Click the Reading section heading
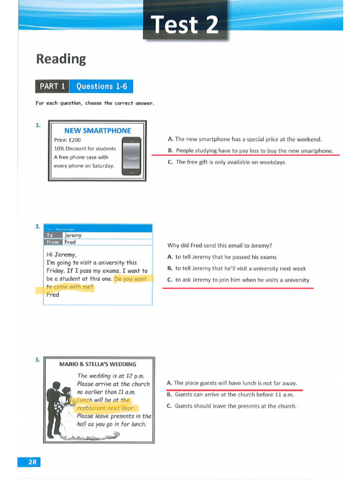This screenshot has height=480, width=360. (61, 59)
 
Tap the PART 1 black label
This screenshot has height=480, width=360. (52, 86)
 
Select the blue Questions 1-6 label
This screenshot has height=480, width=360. (101, 86)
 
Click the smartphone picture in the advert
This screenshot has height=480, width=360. (131, 157)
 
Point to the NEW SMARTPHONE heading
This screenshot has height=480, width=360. (97, 131)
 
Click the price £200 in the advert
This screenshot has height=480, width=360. (67, 140)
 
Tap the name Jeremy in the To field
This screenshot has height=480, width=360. (73, 235)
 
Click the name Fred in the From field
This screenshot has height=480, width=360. (70, 242)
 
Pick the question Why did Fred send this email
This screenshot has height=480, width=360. (219, 245)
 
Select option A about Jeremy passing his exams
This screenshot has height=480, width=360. (222, 257)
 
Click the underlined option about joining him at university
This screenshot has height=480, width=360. (239, 280)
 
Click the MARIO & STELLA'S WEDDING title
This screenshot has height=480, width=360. (98, 364)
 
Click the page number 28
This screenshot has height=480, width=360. (32, 462)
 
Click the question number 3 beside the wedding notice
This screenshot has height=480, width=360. (37, 360)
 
